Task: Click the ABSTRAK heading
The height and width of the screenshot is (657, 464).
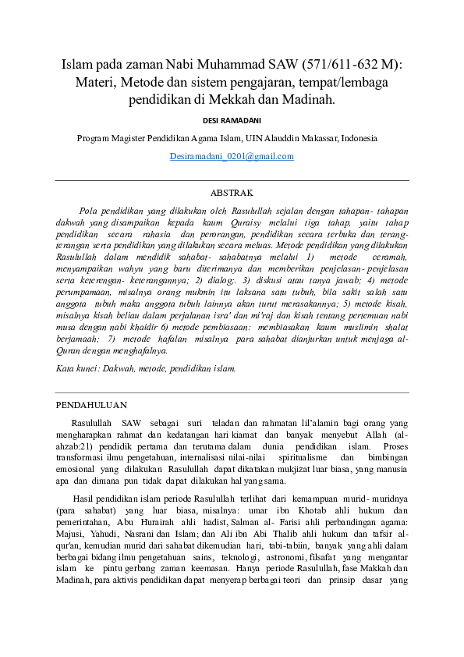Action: click(232, 192)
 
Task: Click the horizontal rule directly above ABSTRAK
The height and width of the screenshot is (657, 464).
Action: click(232, 180)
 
